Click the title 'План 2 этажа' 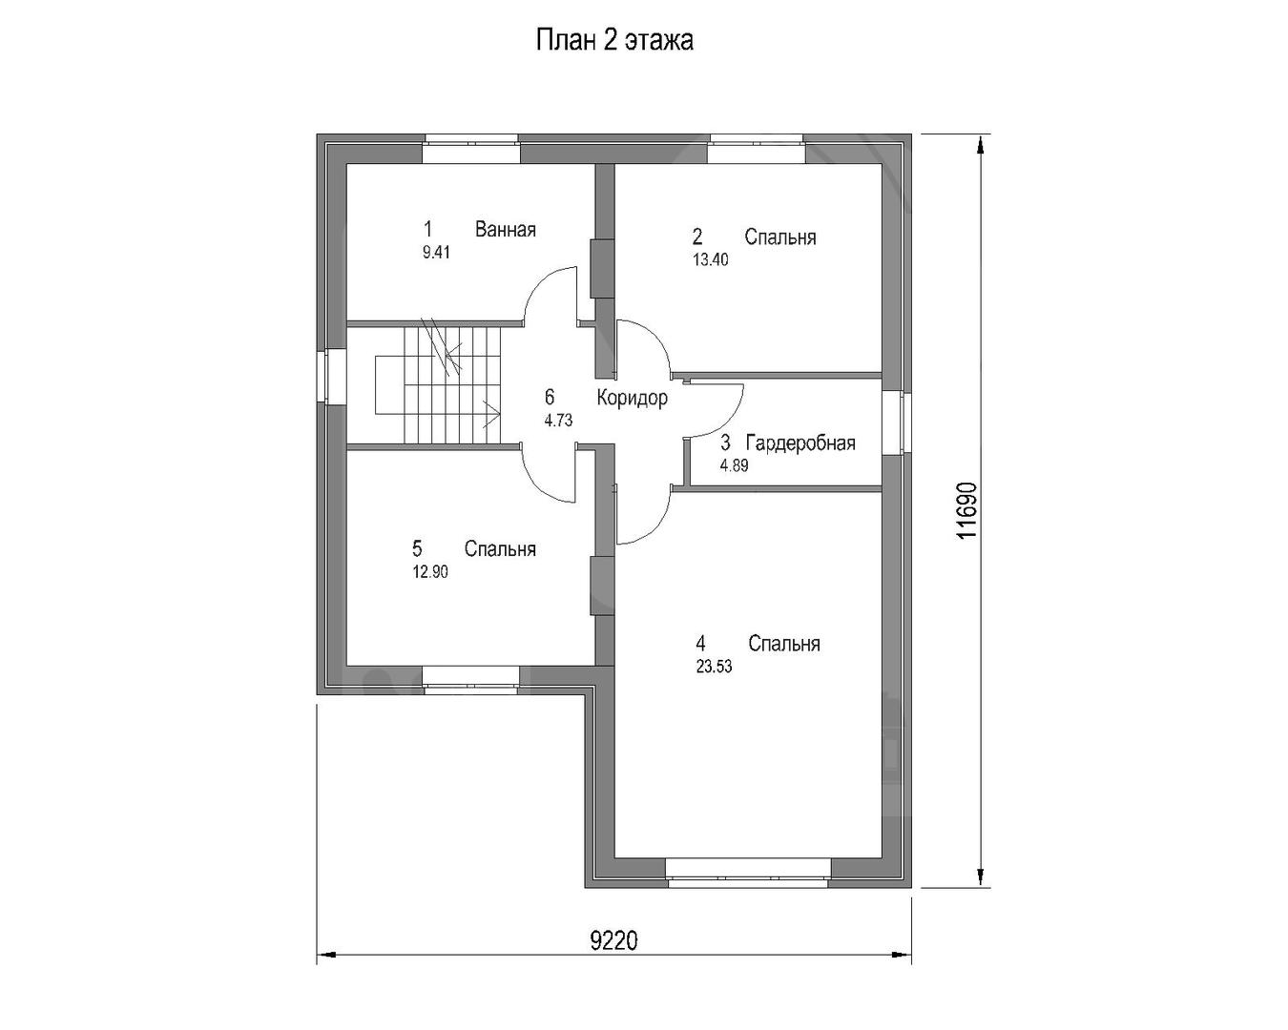614,41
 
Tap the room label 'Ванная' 505,229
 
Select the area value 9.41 436,253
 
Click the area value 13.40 711,259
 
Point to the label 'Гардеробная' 800,443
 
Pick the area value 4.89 734,465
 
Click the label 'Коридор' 632,398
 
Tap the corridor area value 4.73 558,421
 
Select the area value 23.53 714,667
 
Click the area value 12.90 430,572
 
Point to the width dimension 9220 614,941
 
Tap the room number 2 697,237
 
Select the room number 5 417,548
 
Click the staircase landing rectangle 389,385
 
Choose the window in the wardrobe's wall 897,423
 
